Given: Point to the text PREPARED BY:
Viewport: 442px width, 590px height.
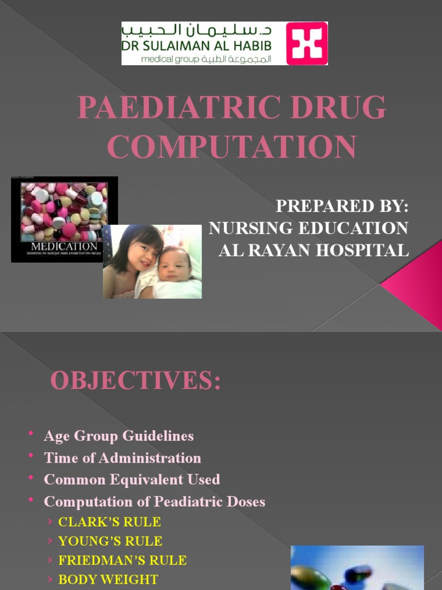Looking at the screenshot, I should [x=342, y=207].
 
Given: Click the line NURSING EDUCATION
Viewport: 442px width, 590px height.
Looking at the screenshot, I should [x=308, y=228].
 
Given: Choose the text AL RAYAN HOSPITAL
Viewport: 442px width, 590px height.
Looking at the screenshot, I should [x=314, y=250].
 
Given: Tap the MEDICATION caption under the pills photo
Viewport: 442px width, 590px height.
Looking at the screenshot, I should [x=64, y=247].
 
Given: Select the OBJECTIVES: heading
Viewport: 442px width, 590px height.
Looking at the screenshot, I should [x=135, y=381].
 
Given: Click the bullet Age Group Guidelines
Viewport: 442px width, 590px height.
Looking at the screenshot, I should [x=119, y=436].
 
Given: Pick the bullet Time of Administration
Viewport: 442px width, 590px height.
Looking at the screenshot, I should [x=123, y=458].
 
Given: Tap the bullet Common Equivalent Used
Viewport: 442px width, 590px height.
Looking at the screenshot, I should [x=132, y=479].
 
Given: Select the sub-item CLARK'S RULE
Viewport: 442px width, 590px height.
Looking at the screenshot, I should [x=109, y=522].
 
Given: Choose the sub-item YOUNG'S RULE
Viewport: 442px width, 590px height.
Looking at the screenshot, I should [x=110, y=541].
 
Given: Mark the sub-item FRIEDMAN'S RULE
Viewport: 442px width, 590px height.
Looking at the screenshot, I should [x=123, y=560].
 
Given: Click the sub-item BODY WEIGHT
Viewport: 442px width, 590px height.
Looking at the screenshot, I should [x=108, y=579].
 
